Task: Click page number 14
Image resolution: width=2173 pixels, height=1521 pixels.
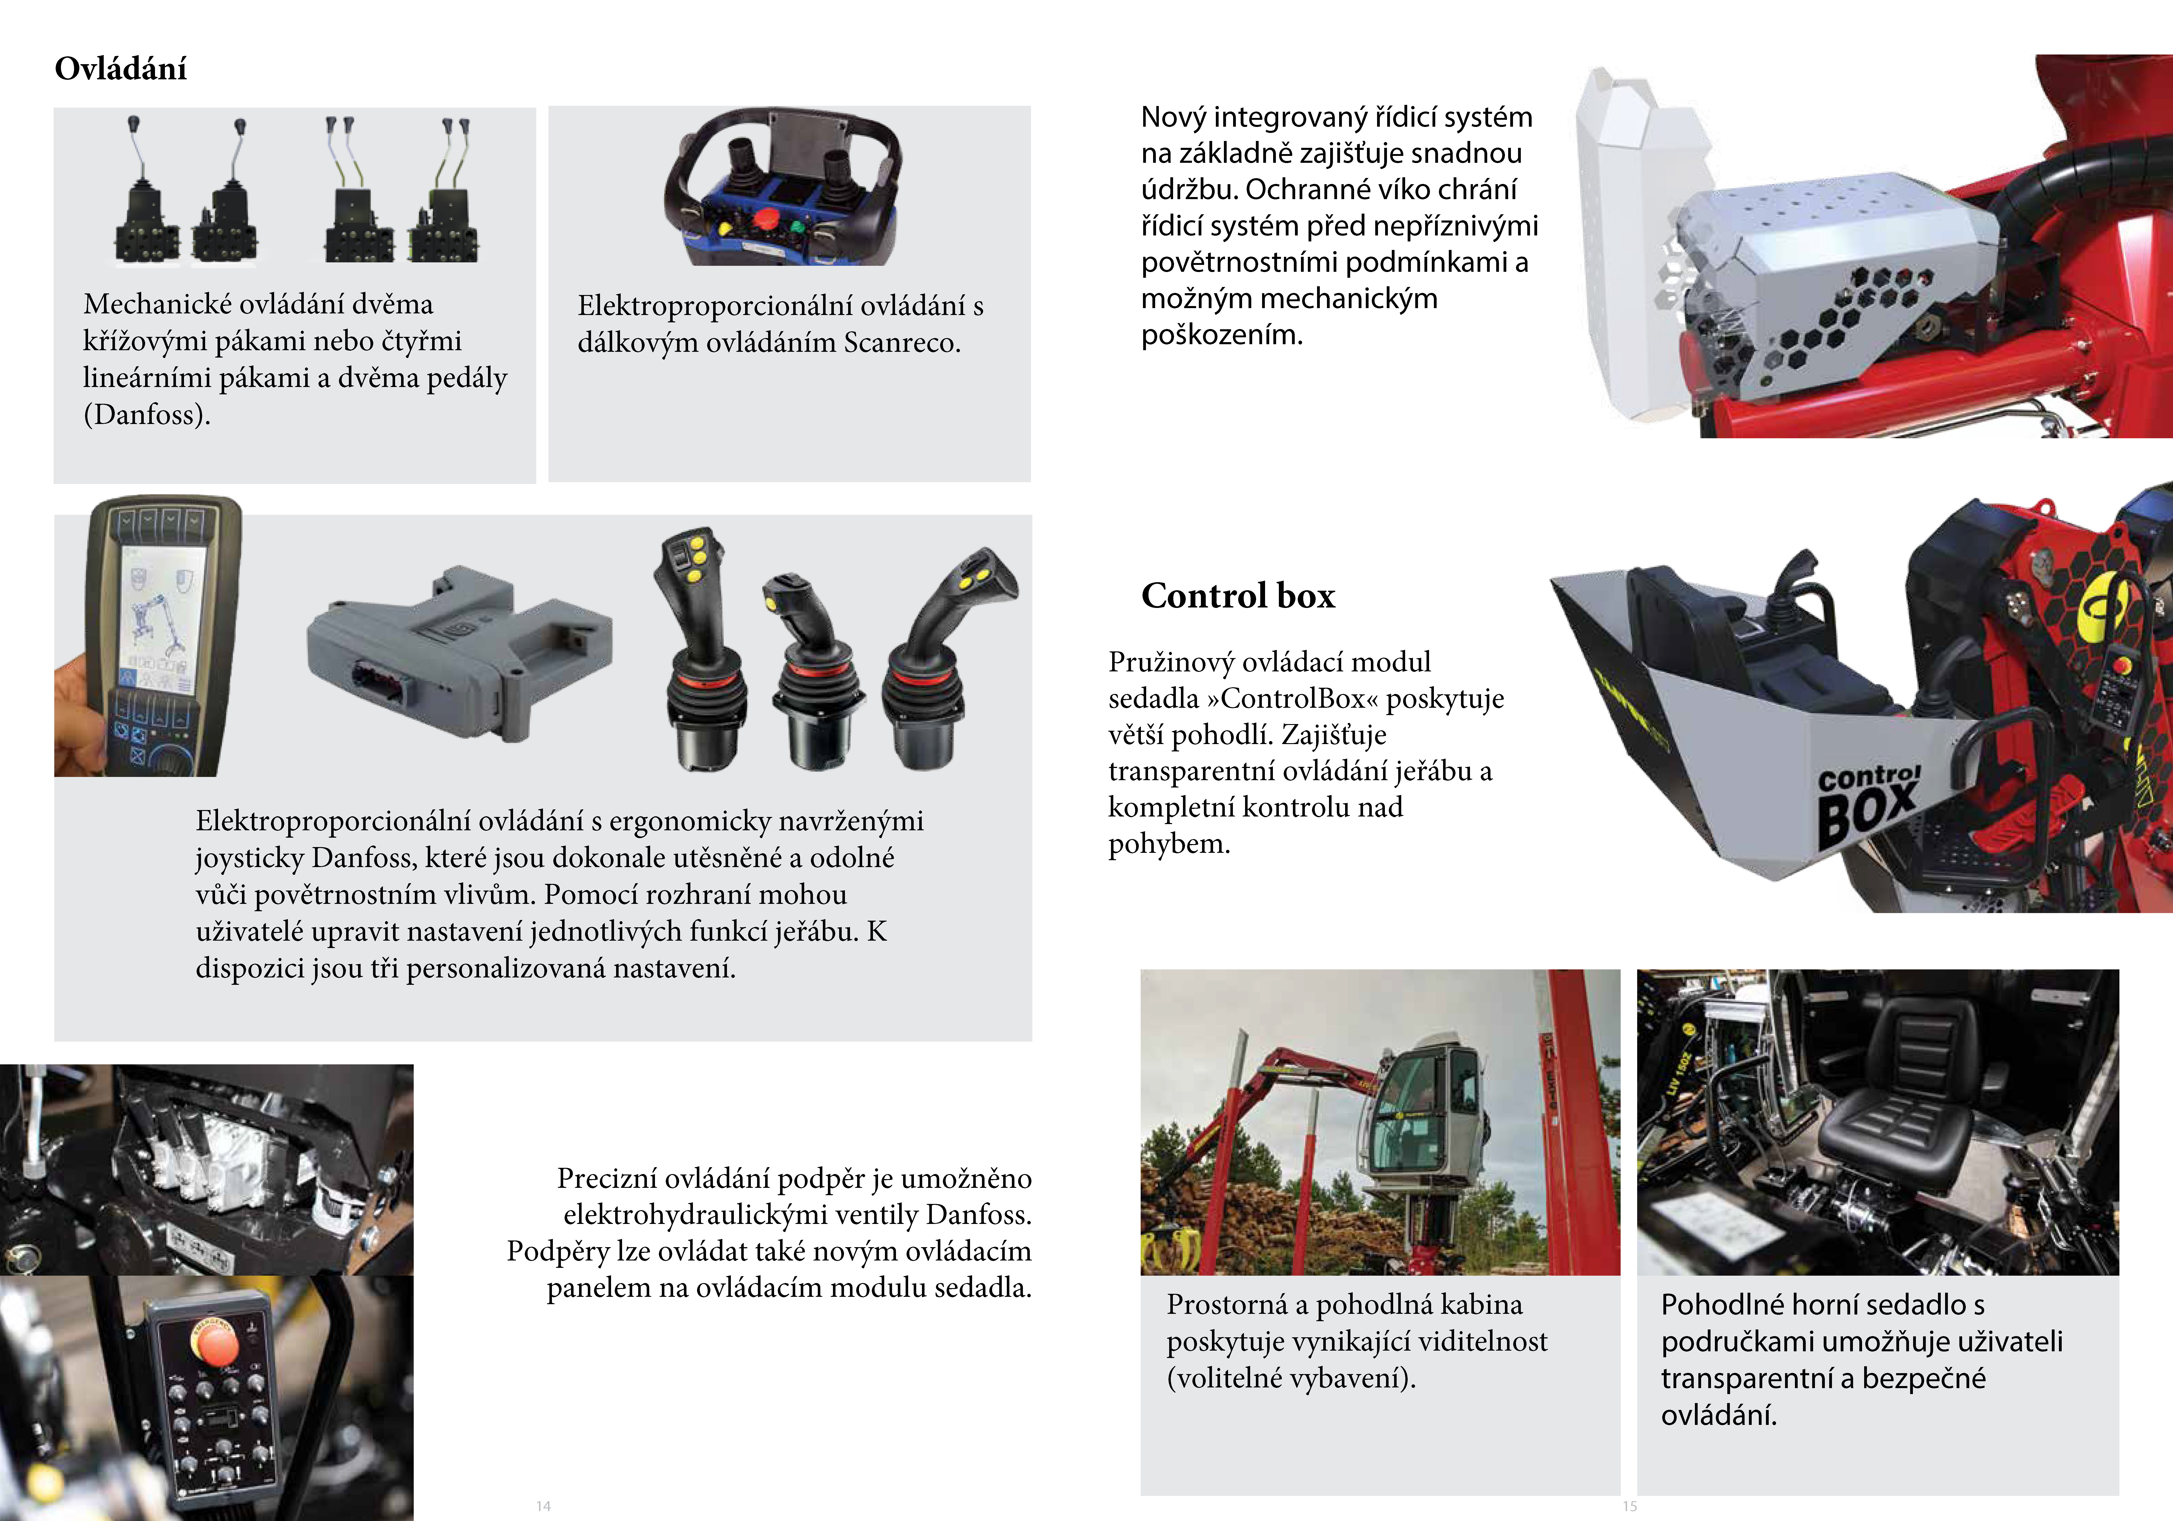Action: coord(543,1505)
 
